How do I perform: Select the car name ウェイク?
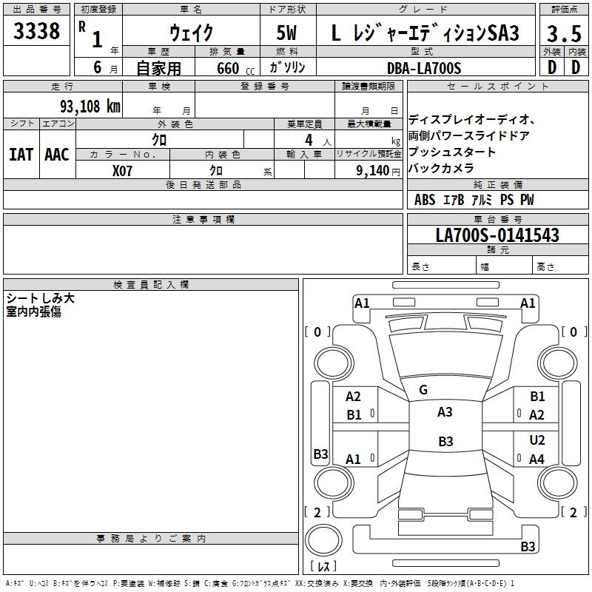click(x=191, y=33)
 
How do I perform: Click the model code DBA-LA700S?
click(x=423, y=68)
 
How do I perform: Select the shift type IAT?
click(x=21, y=155)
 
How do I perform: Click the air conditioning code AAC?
click(x=57, y=155)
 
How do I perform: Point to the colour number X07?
click(x=123, y=169)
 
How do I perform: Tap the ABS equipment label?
click(x=425, y=200)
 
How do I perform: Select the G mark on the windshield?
click(x=423, y=390)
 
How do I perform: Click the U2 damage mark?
click(x=537, y=440)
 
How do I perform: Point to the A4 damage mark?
click(x=537, y=459)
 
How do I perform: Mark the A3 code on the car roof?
click(x=445, y=412)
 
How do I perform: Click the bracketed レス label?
click(x=323, y=568)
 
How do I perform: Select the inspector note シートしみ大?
click(x=40, y=298)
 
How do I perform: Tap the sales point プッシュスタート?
click(x=452, y=152)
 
